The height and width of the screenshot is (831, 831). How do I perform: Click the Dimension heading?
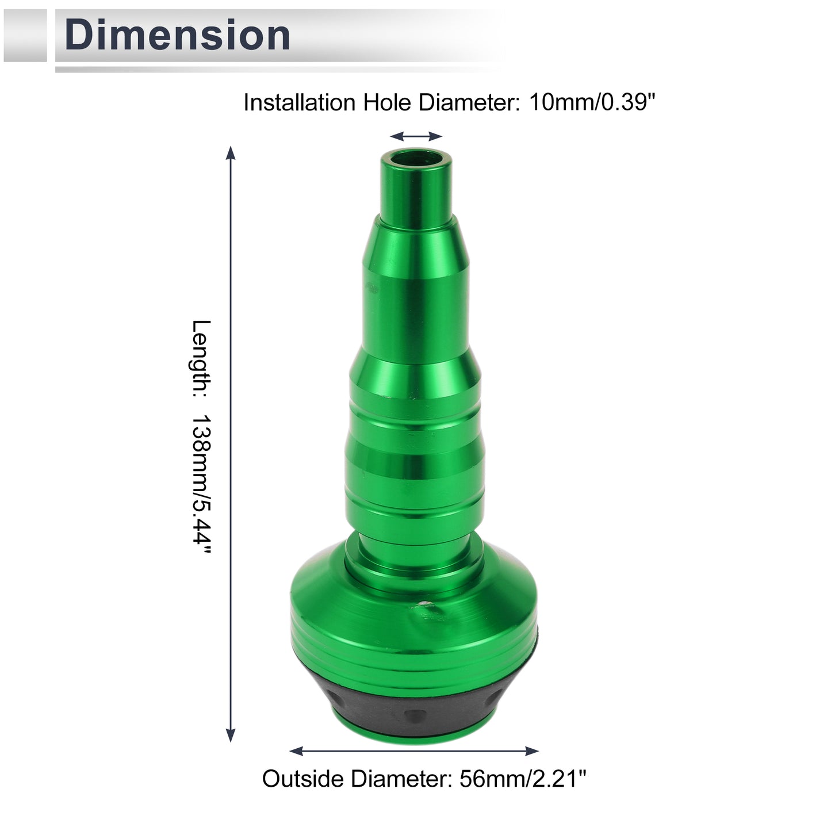tap(177, 35)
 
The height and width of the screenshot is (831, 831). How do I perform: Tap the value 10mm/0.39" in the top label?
tap(592, 102)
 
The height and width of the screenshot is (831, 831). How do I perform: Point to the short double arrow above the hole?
tap(416, 137)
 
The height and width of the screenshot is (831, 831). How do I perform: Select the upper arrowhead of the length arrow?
tap(231, 153)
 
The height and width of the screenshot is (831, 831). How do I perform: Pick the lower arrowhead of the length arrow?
tap(231, 735)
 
